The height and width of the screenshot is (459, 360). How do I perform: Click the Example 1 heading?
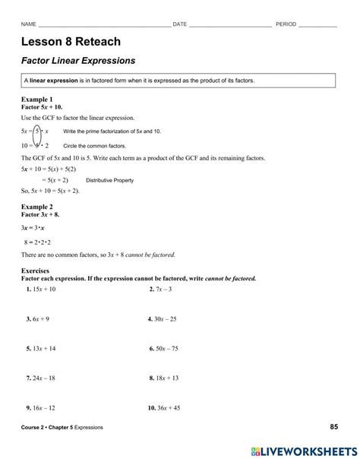tap(37, 100)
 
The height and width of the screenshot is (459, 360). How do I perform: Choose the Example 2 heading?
tap(37, 207)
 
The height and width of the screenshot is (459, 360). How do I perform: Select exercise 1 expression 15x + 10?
tap(44, 290)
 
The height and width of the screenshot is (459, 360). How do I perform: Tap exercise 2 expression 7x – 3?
tap(165, 290)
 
